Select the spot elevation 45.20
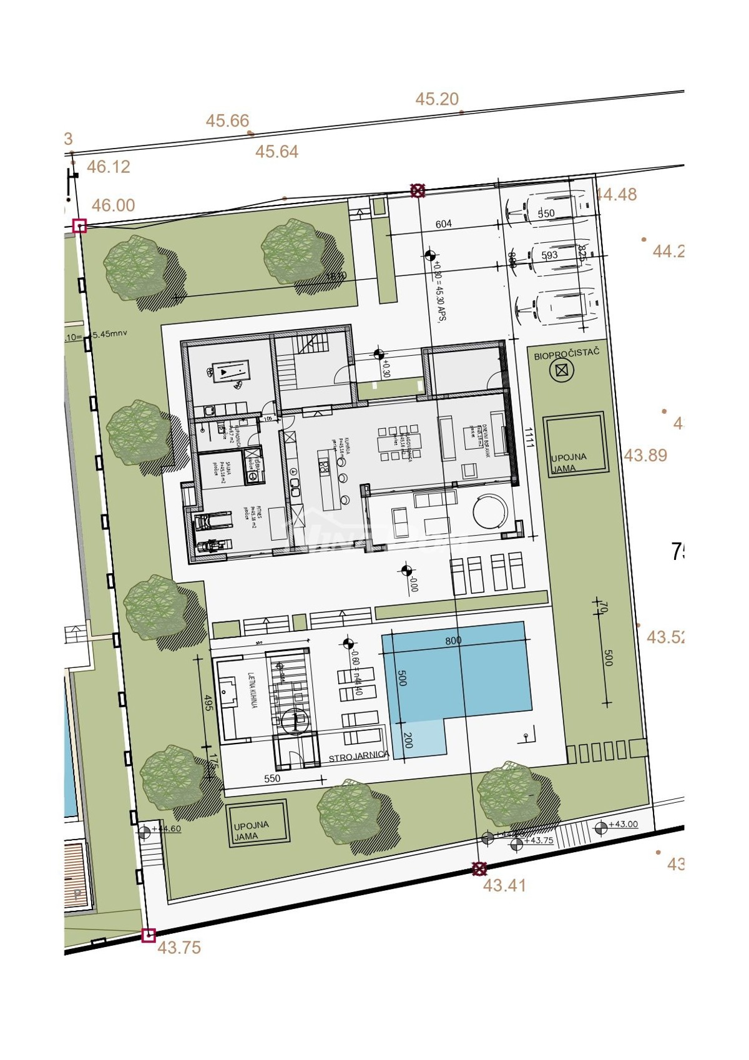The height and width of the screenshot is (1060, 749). (437, 99)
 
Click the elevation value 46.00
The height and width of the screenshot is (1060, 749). (113, 205)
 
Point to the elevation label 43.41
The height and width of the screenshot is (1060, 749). (504, 885)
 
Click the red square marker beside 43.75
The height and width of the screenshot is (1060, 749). (148, 935)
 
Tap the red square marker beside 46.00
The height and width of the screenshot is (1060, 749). (79, 226)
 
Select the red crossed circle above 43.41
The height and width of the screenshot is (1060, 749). (479, 868)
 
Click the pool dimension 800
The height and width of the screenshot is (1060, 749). (454, 640)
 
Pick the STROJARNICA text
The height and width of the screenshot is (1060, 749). (359, 755)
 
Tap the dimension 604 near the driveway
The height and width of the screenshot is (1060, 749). (443, 224)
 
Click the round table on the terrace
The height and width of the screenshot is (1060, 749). (491, 512)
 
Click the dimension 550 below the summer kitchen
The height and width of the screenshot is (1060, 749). (272, 778)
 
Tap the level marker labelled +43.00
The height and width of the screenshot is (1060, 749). (601, 828)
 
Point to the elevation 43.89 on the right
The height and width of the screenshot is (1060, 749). (645, 456)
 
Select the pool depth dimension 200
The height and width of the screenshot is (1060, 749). (408, 740)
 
